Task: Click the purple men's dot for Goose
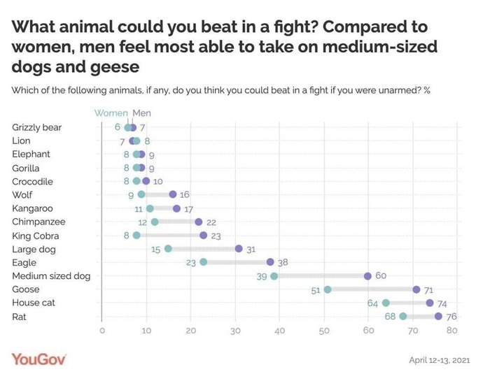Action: (x=416, y=289)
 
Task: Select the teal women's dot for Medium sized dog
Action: (x=274, y=276)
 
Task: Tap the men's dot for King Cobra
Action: (x=204, y=236)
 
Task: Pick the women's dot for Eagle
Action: (x=204, y=262)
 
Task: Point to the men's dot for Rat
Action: (x=439, y=316)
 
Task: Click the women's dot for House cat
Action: (x=386, y=303)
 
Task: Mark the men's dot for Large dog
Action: (x=239, y=249)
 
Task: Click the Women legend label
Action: (x=111, y=113)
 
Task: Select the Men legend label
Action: (x=141, y=113)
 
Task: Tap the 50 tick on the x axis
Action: (x=324, y=331)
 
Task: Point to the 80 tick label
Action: (x=457, y=331)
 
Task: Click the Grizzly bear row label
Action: (x=37, y=127)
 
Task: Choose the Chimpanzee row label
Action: (x=36, y=222)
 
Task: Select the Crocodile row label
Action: (x=34, y=182)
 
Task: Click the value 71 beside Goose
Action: (x=428, y=289)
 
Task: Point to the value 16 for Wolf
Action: (x=185, y=195)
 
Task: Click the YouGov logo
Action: (x=39, y=359)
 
